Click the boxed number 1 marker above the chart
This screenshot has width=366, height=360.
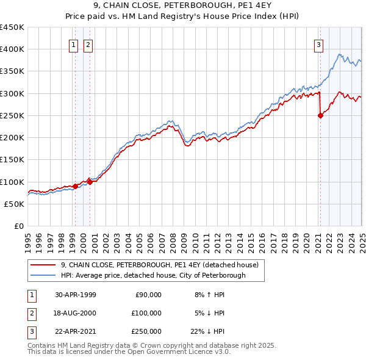[x=73, y=43]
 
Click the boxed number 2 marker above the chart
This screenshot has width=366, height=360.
[x=88, y=43]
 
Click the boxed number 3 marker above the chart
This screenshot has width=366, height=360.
[x=318, y=43]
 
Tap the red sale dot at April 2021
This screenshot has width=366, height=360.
[x=320, y=115]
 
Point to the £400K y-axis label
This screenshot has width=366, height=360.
[x=12, y=49]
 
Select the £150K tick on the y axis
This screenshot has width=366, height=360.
[x=12, y=159]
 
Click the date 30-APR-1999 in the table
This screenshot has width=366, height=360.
[x=76, y=295]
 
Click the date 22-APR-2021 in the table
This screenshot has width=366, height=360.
[x=76, y=331]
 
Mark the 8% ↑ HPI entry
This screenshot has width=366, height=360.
[x=209, y=295]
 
